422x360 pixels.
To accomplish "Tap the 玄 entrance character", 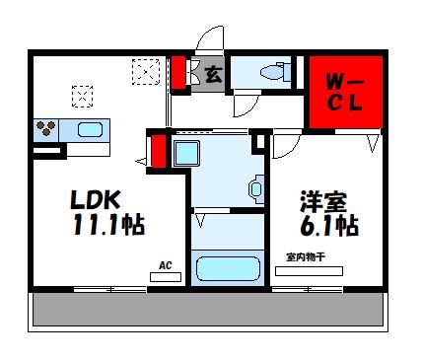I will pos(210,73).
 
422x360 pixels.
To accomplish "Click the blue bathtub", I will pos(227,268).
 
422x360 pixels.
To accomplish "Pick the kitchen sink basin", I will pos(91,129).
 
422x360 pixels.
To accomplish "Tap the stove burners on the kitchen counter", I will pos(46,128).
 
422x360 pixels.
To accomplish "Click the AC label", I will pos(166,265).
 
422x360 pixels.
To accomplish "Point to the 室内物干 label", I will pos(305,257).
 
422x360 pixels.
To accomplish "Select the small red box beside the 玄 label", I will pos(179,73).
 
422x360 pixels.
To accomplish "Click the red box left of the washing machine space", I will pos(158,152).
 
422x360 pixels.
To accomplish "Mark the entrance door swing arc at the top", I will pos(211,41).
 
